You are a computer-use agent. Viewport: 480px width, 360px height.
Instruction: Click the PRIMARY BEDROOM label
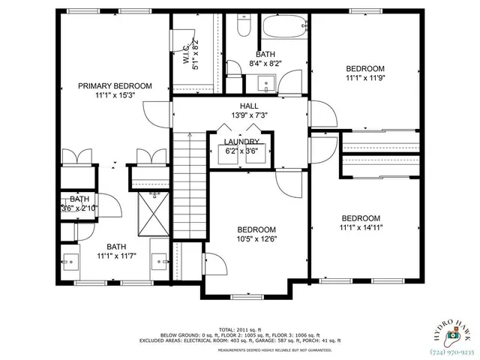pos(115,86)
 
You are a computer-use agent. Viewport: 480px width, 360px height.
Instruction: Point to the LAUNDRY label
pos(241,142)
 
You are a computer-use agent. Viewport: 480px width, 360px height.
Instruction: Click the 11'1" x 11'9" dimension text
pos(365,77)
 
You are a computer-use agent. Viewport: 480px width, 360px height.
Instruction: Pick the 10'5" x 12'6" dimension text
pos(256,239)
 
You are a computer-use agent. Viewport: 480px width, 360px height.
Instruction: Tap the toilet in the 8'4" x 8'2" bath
pos(241,28)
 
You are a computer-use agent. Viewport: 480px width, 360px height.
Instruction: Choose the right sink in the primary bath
pos(160,262)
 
